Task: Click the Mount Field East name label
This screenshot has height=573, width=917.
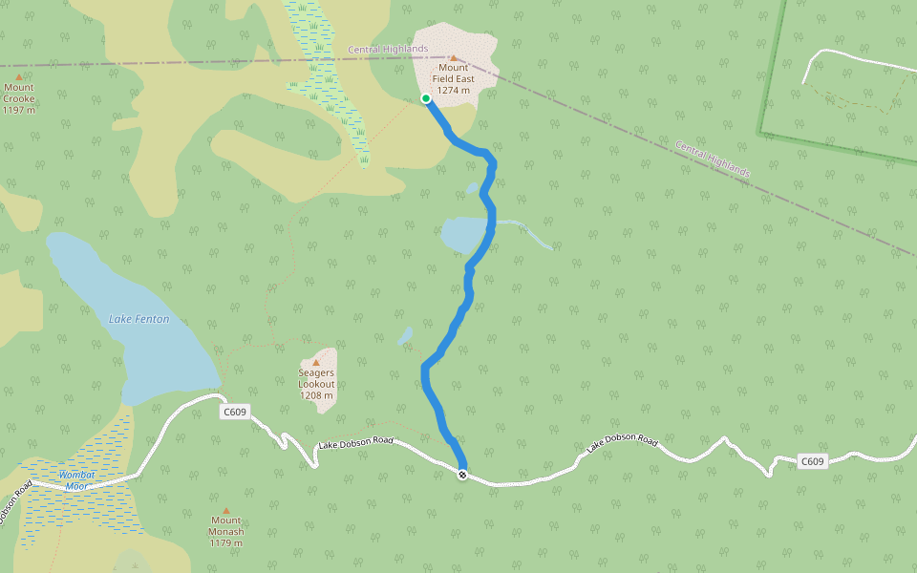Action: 455,78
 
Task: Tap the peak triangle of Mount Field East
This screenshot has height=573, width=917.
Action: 454,57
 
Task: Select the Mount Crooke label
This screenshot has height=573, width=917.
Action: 18,98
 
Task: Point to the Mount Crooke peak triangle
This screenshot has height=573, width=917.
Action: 18,76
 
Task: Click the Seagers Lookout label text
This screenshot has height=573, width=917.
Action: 316,384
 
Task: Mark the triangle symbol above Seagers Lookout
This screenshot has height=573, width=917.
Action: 316,362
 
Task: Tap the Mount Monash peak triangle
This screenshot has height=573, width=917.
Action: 226,511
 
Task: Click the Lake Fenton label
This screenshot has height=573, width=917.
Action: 139,319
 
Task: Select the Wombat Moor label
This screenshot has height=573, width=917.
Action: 76,480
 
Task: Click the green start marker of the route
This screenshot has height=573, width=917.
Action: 426,97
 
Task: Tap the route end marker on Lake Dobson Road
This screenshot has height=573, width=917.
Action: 462,475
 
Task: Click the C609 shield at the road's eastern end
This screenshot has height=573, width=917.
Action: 811,461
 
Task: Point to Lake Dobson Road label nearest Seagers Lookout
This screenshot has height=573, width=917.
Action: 355,442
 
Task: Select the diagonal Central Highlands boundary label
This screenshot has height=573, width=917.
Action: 713,159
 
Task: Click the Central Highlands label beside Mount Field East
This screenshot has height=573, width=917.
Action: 388,49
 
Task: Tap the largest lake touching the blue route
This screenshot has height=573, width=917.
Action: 465,234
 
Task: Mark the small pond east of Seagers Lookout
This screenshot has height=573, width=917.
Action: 405,336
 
